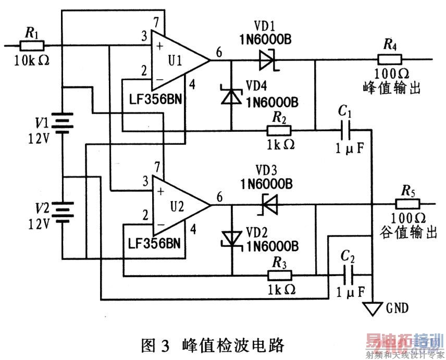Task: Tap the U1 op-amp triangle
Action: coord(177,59)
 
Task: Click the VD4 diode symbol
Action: coord(230,96)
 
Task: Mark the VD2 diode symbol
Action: coord(230,238)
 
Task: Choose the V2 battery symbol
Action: coord(63,212)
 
